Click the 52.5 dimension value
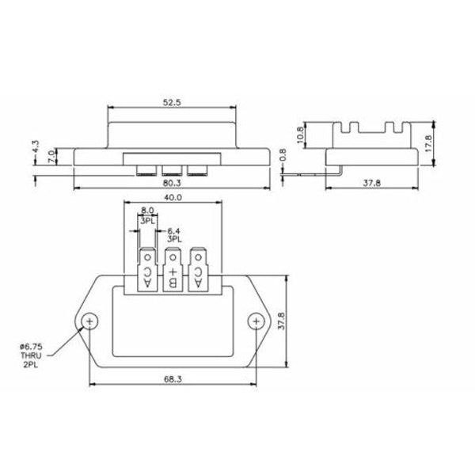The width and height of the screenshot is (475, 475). (x=170, y=101)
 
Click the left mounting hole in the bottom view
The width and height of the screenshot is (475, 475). (x=92, y=321)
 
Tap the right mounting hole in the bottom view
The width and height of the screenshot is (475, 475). (x=254, y=321)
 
